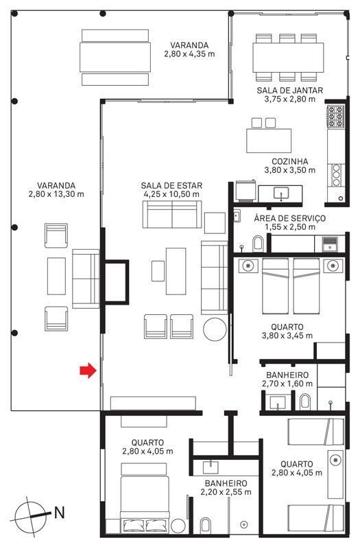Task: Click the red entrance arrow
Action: (88, 371)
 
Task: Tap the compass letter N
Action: (60, 513)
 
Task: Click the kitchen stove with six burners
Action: (336, 116)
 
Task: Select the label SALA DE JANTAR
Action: (289, 91)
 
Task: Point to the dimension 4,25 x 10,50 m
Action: (171, 194)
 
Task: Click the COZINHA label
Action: (290, 162)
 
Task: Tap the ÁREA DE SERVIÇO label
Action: (289, 218)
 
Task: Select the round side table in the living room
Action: (215, 329)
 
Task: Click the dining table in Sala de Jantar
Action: (288, 58)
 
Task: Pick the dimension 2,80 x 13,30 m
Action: (56, 194)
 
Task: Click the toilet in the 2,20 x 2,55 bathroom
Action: (205, 526)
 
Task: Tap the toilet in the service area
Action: (258, 244)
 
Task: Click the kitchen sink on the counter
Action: (281, 194)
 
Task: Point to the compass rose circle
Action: (30, 517)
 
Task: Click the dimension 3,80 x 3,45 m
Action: (287, 336)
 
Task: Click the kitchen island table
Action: (269, 141)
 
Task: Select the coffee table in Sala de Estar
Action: (176, 271)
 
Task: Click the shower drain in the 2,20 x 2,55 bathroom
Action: (245, 524)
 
